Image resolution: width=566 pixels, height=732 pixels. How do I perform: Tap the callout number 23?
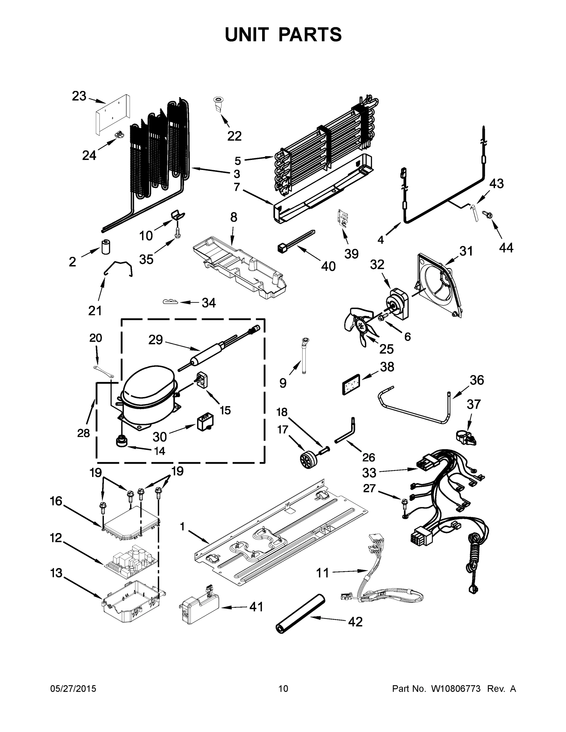(79, 96)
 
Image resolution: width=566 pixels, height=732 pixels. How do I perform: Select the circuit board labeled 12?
(131, 562)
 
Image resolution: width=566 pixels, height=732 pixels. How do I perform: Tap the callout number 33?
(369, 472)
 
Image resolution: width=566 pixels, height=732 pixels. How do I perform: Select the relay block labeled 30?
(205, 421)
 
